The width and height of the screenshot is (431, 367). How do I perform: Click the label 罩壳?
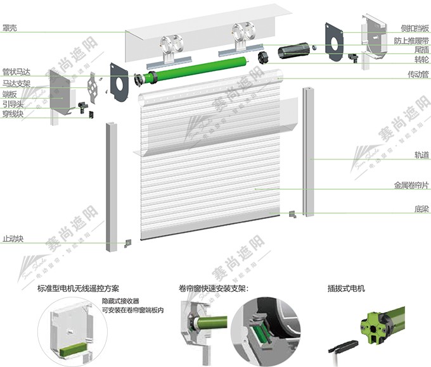10,28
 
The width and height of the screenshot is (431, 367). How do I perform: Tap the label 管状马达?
16,72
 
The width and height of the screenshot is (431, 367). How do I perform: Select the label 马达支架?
16,84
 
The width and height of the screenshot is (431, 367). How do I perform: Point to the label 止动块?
13,239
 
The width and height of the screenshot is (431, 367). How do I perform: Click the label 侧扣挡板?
415,28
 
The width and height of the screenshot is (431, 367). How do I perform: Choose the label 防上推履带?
411,41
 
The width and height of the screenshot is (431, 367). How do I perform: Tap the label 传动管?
418,74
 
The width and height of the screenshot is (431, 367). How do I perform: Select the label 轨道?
421,155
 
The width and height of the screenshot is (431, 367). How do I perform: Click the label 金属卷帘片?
411,185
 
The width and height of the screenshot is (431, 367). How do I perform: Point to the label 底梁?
421,209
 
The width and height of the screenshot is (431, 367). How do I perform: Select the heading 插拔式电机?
346,288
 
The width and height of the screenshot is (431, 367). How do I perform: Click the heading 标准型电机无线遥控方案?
79,288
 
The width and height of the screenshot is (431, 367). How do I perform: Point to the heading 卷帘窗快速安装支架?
213,288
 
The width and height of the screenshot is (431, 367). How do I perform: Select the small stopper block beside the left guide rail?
127,244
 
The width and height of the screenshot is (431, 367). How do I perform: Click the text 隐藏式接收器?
120,301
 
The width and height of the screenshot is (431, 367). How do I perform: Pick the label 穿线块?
13,114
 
